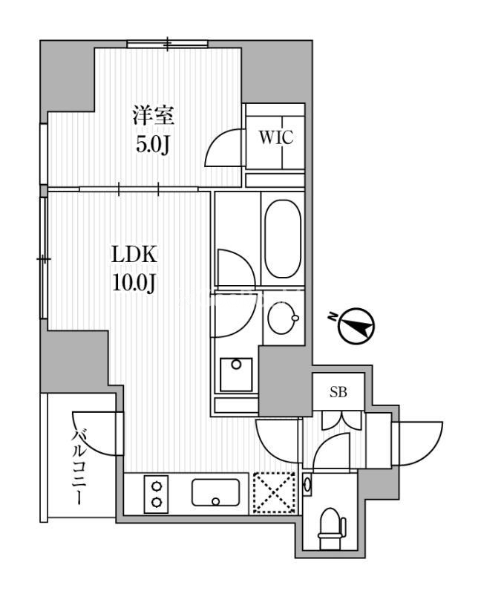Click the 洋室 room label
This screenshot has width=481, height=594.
pyautogui.click(x=153, y=116)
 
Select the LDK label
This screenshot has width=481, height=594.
pyautogui.click(x=134, y=255)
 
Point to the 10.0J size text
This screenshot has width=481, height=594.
pyautogui.click(x=134, y=281)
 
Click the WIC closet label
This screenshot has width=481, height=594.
pyautogui.click(x=275, y=137)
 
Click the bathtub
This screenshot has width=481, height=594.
pyautogui.click(x=281, y=238)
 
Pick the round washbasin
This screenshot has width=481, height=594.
pyautogui.click(x=281, y=320)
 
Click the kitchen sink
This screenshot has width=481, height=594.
pyautogui.click(x=215, y=492)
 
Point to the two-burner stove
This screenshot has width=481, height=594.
pyautogui.click(x=157, y=494)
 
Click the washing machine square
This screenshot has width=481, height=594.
pyautogui.click(x=236, y=374)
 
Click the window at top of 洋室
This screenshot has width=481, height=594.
pyautogui.click(x=167, y=44)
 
